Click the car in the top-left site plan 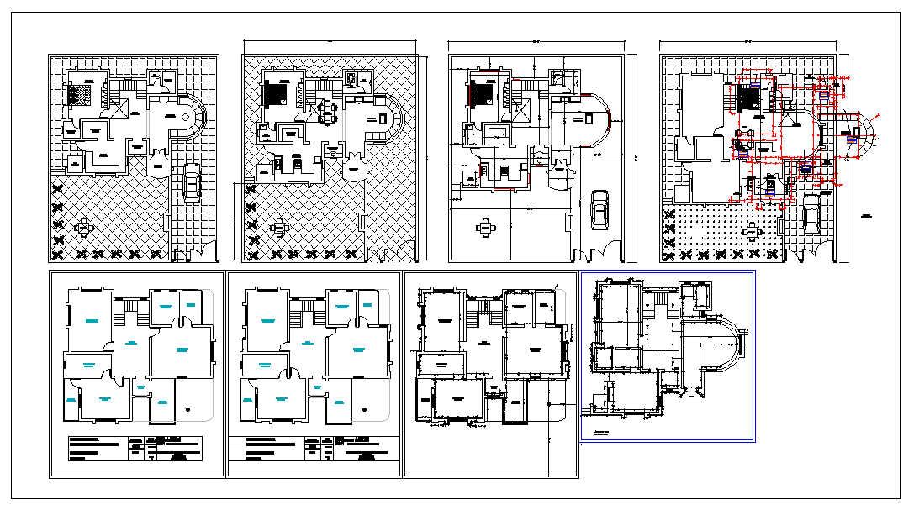click(x=192, y=182)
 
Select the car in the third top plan click(x=599, y=209)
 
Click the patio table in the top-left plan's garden click(x=84, y=226)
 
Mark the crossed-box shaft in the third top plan click(x=520, y=109)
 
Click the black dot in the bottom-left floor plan click(x=187, y=409)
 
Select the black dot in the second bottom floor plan click(x=364, y=409)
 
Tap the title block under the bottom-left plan click(x=135, y=449)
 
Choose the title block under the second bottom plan click(x=311, y=449)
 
